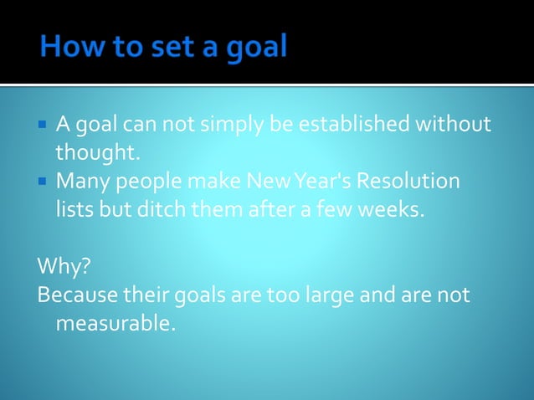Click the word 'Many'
coord(80,182)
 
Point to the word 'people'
coord(147,182)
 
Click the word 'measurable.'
coord(116,322)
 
